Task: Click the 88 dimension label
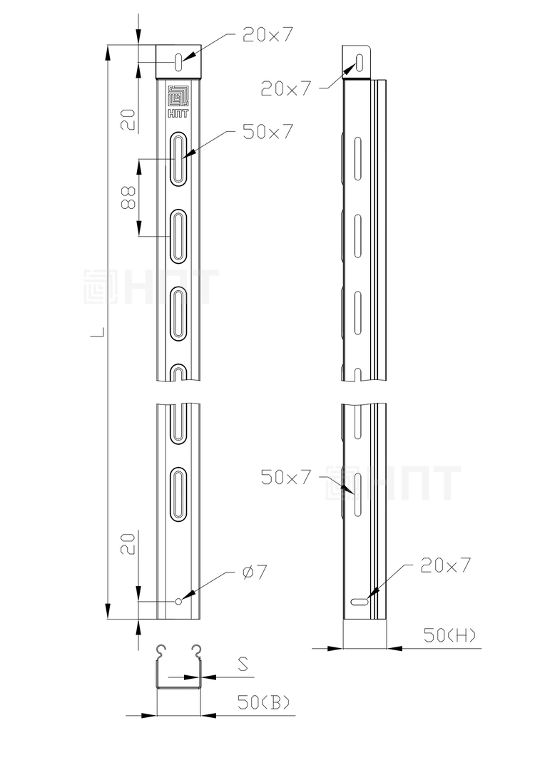(128, 198)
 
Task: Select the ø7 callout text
(255, 572)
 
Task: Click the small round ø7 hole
(178, 601)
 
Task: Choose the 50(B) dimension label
(264, 703)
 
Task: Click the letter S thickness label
(243, 665)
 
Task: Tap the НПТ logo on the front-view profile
(178, 101)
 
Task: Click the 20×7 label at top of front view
(268, 34)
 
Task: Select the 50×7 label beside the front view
(268, 132)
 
